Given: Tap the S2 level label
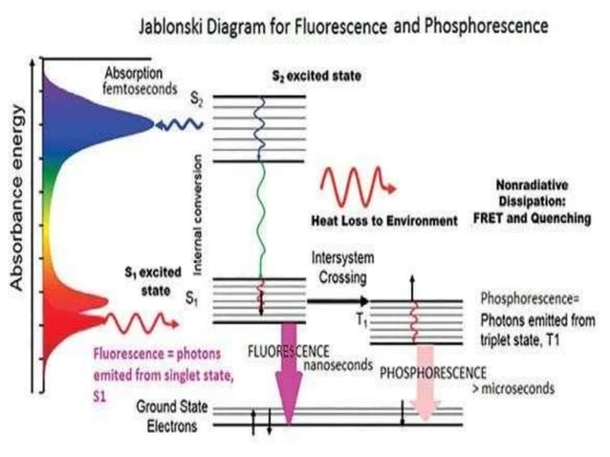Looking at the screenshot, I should [195, 98].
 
